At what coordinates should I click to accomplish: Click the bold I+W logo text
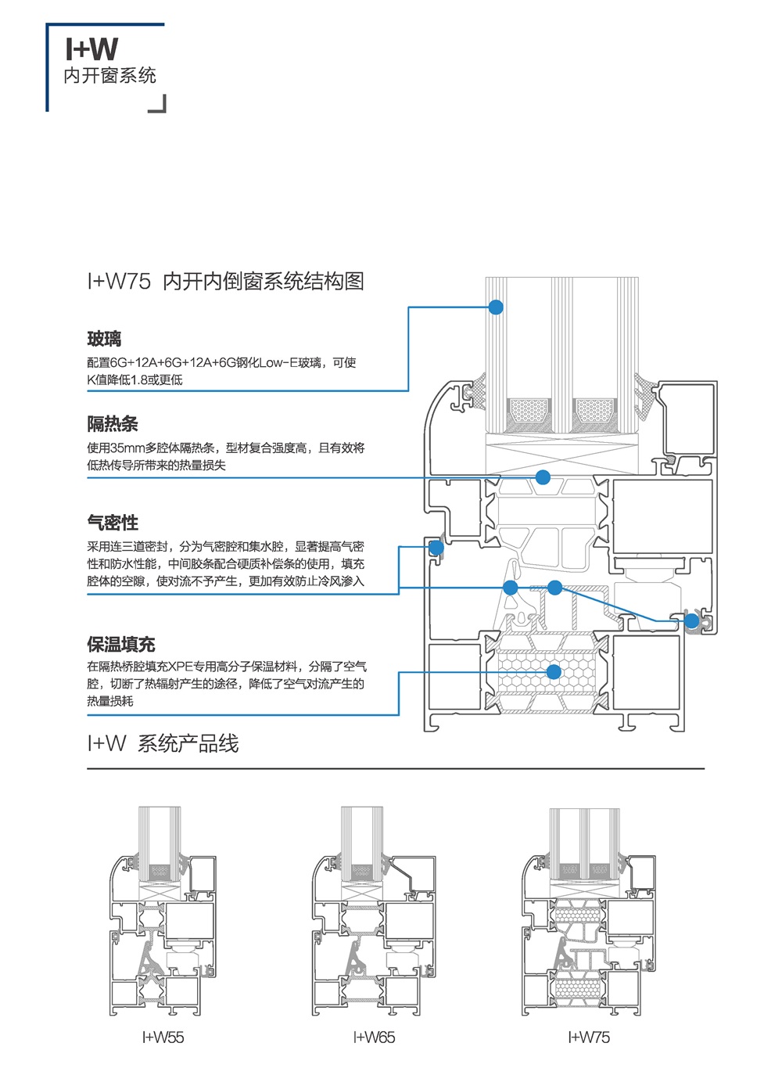[91, 49]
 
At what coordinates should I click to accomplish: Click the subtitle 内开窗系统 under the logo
[109, 76]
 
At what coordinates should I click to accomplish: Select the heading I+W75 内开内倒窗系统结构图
[225, 282]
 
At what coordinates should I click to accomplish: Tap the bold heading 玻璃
[104, 339]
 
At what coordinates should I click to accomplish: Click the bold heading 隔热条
[113, 424]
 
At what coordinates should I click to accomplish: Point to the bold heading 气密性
[113, 523]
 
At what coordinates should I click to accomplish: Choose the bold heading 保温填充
[121, 645]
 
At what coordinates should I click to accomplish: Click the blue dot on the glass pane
[496, 307]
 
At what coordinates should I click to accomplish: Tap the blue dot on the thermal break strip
[543, 477]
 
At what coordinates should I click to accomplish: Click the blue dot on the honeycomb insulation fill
[554, 672]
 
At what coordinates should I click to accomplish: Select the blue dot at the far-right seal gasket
[692, 621]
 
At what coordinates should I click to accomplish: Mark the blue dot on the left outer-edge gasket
[436, 548]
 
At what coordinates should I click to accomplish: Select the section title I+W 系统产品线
[163, 743]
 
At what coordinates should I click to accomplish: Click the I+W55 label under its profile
[163, 1037]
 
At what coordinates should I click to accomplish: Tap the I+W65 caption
[374, 1037]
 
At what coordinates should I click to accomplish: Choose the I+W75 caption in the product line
[589, 1037]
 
